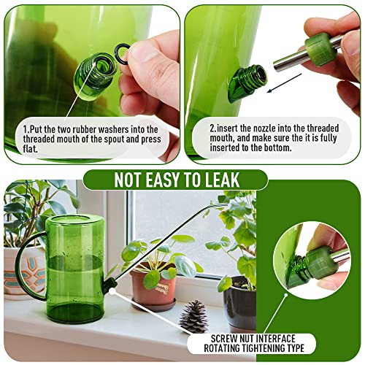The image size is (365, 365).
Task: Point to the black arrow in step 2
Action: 284,83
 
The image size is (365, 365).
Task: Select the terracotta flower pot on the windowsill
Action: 154,283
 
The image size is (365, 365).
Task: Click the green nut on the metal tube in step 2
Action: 321,50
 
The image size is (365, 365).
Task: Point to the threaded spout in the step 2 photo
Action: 247,82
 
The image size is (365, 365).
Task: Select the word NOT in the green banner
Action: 128,180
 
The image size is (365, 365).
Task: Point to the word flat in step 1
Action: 31,149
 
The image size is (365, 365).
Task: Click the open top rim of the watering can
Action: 75,220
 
